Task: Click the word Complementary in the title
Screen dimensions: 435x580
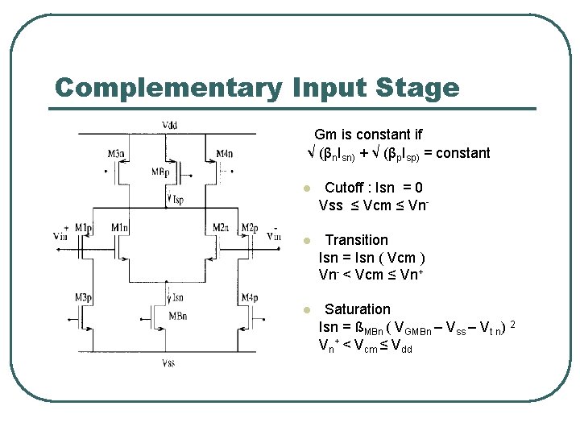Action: (x=168, y=88)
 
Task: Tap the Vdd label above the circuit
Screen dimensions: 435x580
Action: (x=171, y=125)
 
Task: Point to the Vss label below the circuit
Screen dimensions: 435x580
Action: (x=168, y=364)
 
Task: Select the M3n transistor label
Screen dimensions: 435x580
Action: (x=116, y=154)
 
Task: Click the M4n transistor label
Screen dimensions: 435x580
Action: (x=224, y=154)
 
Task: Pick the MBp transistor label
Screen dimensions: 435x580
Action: (x=160, y=172)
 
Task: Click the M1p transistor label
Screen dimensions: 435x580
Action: (x=84, y=228)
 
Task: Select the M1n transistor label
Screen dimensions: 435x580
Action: (x=120, y=228)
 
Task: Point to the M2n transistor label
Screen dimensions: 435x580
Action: (x=220, y=228)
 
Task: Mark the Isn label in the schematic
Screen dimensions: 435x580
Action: (x=176, y=297)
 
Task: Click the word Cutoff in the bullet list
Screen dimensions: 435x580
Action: (x=345, y=188)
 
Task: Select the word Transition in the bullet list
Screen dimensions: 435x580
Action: (x=356, y=240)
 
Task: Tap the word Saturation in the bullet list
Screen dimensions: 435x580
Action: (x=357, y=309)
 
